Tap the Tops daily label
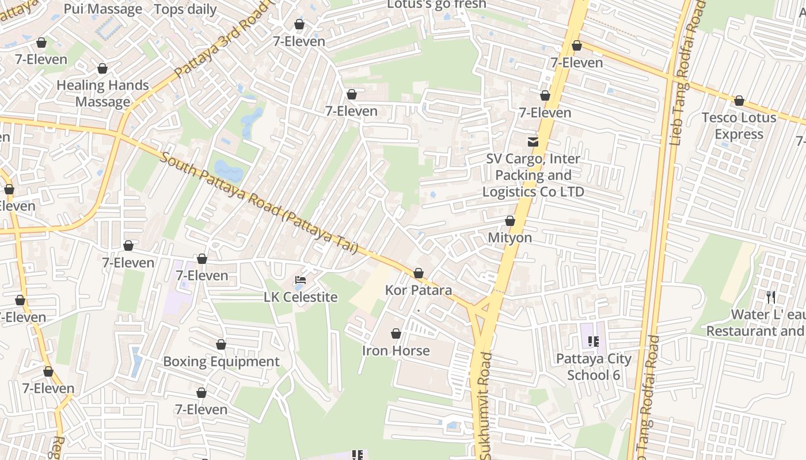[x=185, y=9]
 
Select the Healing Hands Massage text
[x=102, y=94]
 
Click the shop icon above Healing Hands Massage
[x=102, y=69]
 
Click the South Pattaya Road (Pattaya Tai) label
[x=259, y=203]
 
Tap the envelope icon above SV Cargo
[x=533, y=141]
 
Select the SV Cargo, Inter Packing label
[x=533, y=175]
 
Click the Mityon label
[x=510, y=237]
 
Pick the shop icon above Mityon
[x=510, y=221]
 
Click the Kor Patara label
[x=419, y=290]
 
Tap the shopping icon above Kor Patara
[x=419, y=273]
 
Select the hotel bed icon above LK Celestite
[x=300, y=281]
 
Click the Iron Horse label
[x=396, y=350]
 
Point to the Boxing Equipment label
[x=221, y=362]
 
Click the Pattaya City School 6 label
[x=594, y=367]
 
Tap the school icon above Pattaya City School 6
[x=594, y=342]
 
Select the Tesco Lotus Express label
[x=739, y=126]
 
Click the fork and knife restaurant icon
[x=771, y=297]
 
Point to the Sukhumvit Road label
[x=486, y=405]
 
